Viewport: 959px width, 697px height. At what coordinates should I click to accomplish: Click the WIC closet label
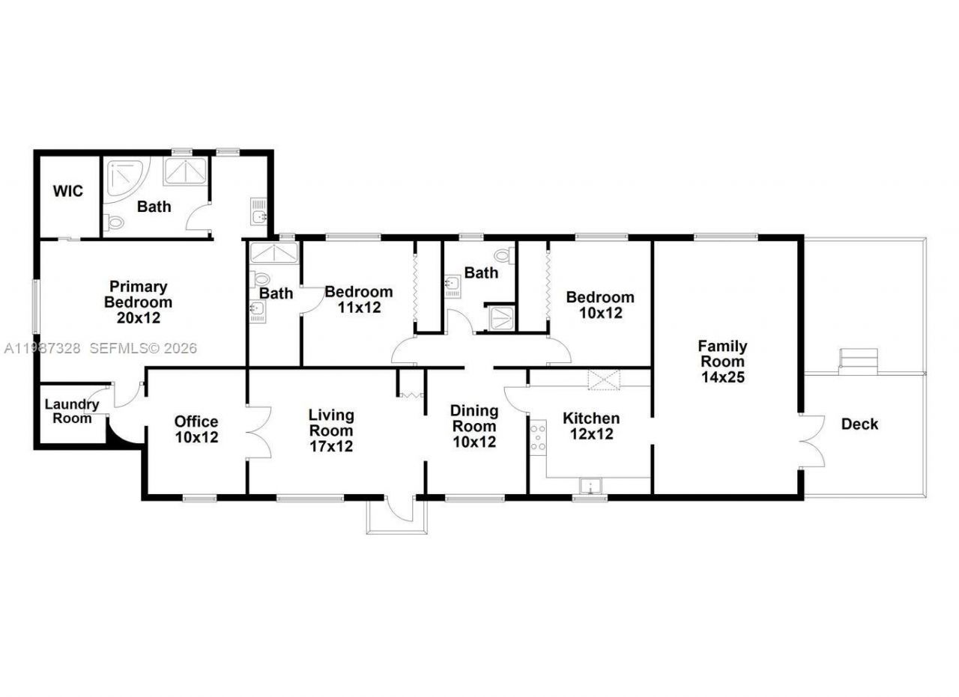click(67, 191)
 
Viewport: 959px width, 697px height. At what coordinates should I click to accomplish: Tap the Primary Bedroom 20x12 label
click(138, 302)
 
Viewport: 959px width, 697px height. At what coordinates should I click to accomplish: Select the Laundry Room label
click(72, 411)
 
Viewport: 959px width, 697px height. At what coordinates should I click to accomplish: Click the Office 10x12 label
click(196, 429)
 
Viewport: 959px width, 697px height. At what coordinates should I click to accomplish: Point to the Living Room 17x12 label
click(331, 430)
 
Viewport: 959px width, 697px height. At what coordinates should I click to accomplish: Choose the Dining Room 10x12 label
click(474, 426)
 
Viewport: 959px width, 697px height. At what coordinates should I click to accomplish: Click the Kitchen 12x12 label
click(591, 426)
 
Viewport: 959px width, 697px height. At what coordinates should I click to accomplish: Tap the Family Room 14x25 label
click(722, 362)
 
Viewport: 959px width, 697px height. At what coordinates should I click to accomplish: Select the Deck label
click(859, 424)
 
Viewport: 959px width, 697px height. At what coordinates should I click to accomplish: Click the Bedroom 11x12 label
click(358, 299)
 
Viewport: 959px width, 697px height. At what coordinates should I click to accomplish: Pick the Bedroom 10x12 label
click(600, 305)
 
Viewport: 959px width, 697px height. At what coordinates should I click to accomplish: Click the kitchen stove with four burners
click(538, 437)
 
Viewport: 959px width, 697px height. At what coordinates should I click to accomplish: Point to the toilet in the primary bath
click(114, 222)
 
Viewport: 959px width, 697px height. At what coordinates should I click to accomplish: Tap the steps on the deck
click(858, 361)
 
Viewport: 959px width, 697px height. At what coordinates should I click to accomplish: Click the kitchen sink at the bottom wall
click(590, 486)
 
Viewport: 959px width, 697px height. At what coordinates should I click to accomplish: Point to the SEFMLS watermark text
click(142, 348)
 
